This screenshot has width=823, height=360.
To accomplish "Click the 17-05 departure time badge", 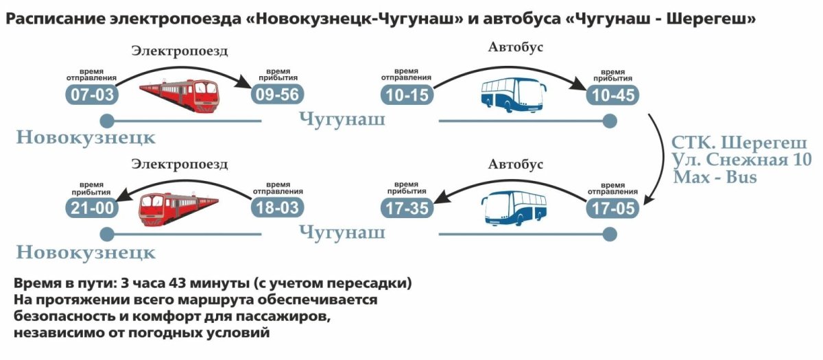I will coord(612,208).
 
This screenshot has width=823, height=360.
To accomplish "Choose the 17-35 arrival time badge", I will coord(407,208).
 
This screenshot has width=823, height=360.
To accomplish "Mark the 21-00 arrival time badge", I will coord(92,208).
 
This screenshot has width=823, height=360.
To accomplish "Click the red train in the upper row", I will coord(180,95).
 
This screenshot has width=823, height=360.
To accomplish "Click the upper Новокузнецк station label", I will coord(86,138).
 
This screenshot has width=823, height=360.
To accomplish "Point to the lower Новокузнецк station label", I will coord(86,253).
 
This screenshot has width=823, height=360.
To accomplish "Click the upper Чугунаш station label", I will coord(342,120).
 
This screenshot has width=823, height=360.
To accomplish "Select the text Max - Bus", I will coord(715,177).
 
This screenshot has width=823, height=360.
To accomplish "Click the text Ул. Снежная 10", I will coord(741,160).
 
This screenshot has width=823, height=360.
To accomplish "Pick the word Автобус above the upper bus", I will coord(516,47).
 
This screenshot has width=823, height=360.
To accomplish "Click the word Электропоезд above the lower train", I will coord(180,165).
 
